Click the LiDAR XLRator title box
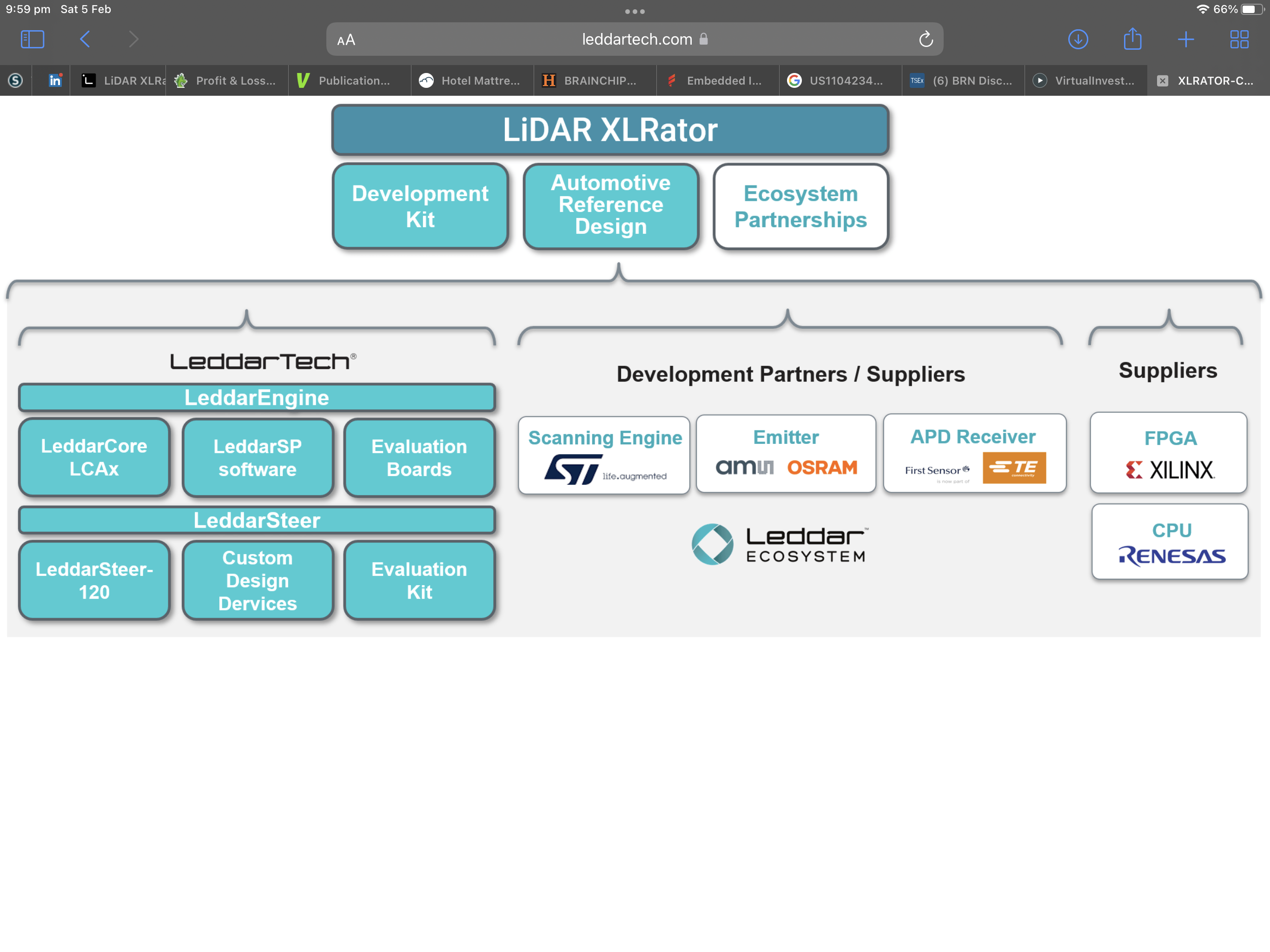coord(610,130)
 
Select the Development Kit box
coord(420,206)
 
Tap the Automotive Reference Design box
coord(611,206)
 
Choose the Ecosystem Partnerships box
coord(800,206)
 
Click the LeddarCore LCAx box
coord(94,457)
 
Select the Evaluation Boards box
coord(419,457)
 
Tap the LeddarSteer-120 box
coord(94,580)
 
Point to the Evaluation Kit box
coord(419,580)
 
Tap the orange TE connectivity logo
coord(1014,467)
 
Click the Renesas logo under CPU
coord(1172,556)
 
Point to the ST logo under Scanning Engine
coord(574,469)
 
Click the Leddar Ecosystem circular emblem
coord(712,544)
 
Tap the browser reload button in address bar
coord(926,39)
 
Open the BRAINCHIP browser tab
coord(595,80)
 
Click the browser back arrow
coord(85,39)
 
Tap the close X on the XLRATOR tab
coord(1162,81)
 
